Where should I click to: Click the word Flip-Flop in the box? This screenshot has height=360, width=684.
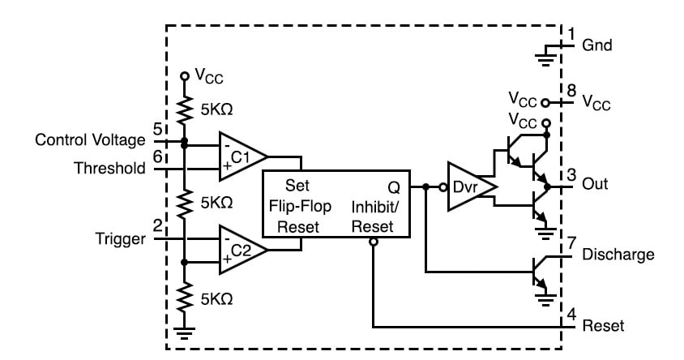[297, 206]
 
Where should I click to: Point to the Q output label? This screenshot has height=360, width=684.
[393, 186]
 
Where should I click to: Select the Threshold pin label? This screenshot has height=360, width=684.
[109, 169]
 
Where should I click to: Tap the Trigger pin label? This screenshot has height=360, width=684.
[121, 239]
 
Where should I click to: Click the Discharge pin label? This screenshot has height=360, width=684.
[618, 255]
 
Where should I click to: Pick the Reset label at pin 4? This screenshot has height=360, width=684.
[604, 326]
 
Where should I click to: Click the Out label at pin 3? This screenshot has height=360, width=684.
[595, 184]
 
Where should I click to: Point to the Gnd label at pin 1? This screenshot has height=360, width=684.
[597, 45]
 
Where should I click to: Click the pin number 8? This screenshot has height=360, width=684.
[572, 89]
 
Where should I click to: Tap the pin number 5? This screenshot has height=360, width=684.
[157, 128]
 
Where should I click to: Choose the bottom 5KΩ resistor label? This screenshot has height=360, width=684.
[215, 298]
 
